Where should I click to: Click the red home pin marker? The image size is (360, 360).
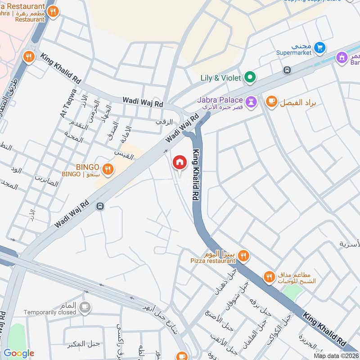180,162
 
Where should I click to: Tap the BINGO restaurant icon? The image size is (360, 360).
108,169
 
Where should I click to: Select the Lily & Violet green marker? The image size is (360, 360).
250,78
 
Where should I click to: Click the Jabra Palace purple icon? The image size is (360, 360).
251,102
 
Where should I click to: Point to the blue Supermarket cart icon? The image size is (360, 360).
319,47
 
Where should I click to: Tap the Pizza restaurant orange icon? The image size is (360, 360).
243,256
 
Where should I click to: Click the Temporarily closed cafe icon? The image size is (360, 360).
84,307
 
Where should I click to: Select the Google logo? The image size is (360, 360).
19,353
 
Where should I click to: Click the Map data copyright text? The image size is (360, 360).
336,355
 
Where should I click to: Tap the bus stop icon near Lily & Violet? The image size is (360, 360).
287,70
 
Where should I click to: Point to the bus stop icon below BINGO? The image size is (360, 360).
100,206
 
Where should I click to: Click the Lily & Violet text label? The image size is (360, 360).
221,78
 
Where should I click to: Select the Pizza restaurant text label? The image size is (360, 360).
213,261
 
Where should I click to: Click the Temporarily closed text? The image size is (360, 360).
50,312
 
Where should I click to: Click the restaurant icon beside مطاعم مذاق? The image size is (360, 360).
269,277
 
